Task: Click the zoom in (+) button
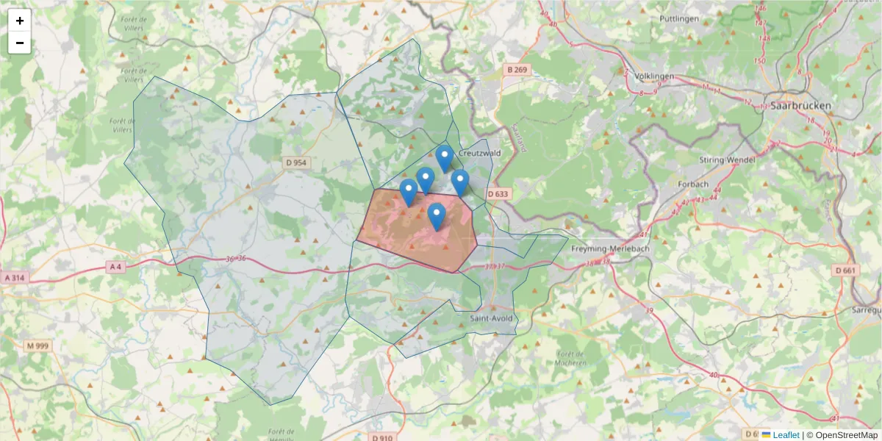20,21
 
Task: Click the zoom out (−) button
20,43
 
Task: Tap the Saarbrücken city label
801,106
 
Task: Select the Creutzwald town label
479,153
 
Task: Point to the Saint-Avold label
491,318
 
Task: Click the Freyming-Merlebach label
608,249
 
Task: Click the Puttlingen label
679,18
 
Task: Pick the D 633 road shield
498,194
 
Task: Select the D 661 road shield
846,270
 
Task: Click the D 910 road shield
382,438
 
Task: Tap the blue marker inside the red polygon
437,216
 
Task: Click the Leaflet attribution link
786,435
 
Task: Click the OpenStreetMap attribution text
846,435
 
